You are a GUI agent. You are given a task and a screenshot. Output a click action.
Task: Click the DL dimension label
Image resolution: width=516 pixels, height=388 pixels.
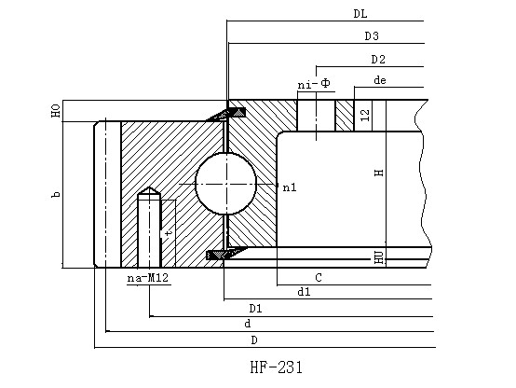[x=360, y=14]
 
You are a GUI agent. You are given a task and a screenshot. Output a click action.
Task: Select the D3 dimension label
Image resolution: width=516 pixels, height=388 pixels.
[x=372, y=36]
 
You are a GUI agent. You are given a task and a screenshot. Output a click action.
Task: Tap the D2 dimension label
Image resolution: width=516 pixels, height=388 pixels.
[x=378, y=60]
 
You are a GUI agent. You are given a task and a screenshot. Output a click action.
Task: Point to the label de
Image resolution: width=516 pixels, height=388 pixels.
[x=380, y=80]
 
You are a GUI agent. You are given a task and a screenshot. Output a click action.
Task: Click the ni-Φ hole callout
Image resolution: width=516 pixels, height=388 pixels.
[x=314, y=84]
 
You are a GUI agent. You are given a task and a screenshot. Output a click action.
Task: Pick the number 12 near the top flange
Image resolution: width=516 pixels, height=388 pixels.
[x=365, y=115]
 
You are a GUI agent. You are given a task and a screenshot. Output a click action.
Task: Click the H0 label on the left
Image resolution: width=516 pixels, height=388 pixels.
[x=56, y=111]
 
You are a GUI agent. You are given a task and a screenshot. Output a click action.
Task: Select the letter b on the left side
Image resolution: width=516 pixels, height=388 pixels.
[x=56, y=195]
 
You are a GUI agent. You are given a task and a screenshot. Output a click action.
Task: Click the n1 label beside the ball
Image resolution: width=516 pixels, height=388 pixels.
[x=290, y=187]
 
